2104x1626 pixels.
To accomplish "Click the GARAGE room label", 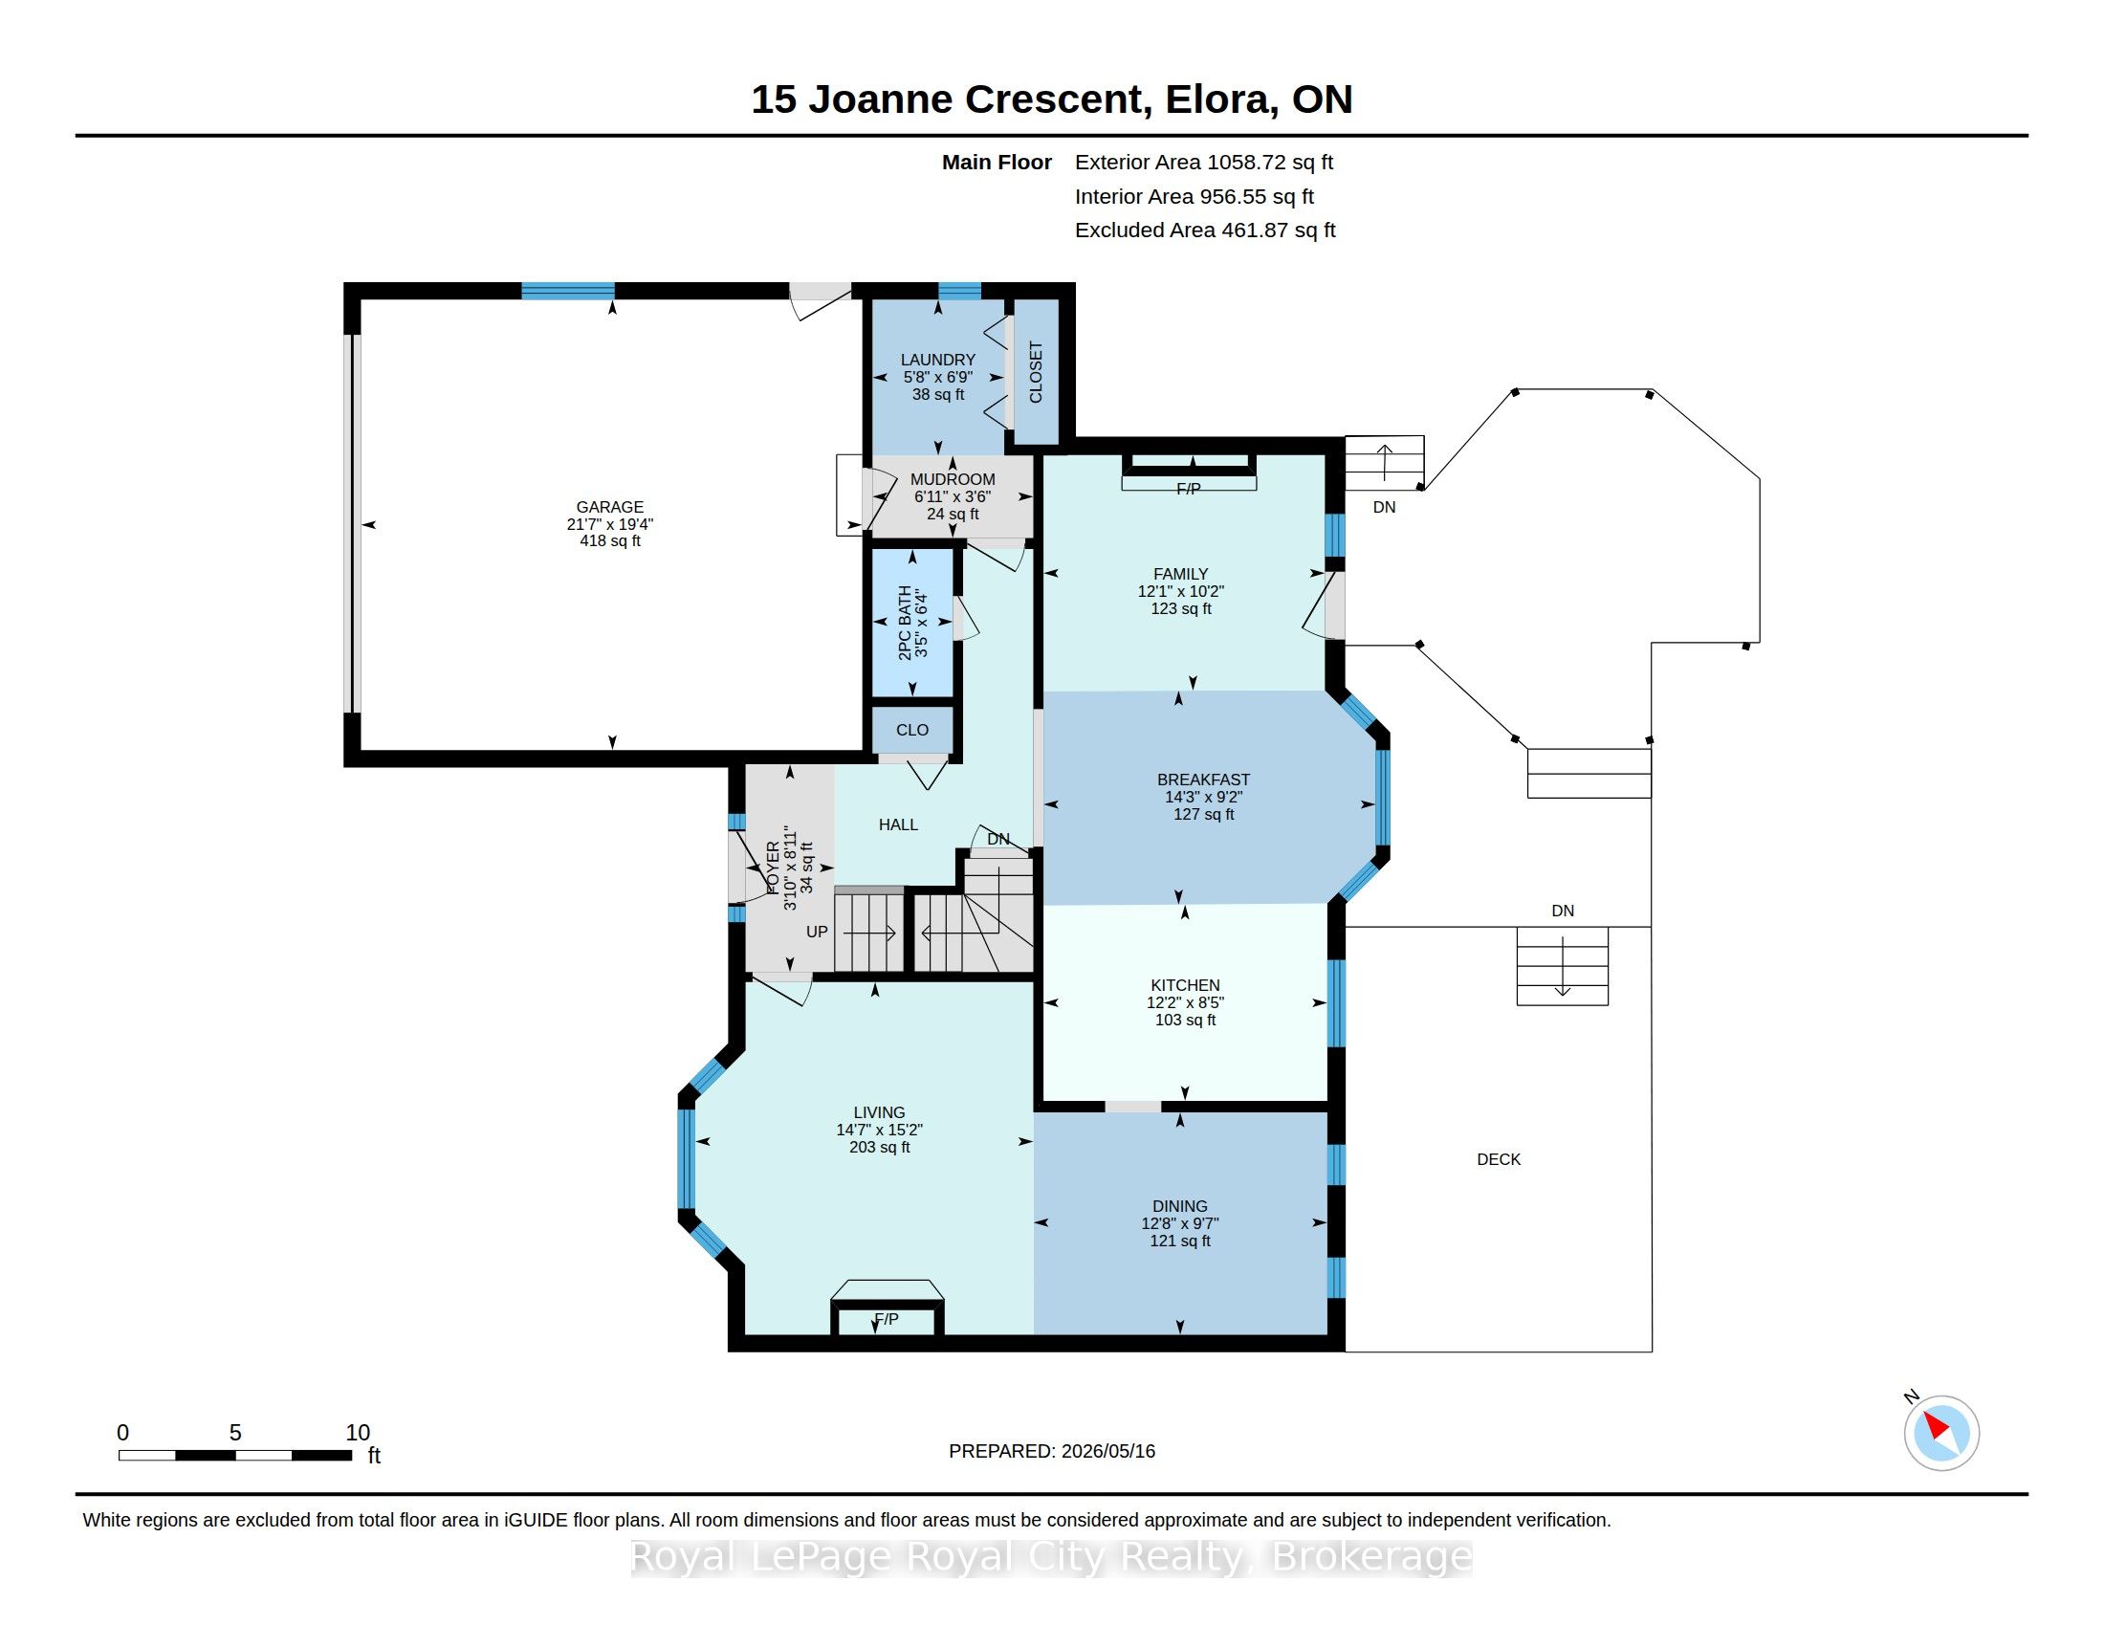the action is (x=609, y=507).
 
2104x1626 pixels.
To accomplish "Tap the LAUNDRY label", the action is (x=937, y=361).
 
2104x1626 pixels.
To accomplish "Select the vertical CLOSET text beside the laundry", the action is (x=1036, y=372).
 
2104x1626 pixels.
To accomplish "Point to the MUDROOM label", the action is (x=952, y=480).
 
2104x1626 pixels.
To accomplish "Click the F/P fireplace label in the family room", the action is (x=1189, y=490).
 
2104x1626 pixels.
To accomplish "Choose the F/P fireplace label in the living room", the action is (x=887, y=1319).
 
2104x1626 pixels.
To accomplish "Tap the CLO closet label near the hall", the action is (x=912, y=730).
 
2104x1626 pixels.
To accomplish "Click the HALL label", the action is (x=898, y=824).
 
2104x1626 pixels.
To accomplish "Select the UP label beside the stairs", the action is (x=817, y=932).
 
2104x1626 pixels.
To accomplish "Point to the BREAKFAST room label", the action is (x=1203, y=780).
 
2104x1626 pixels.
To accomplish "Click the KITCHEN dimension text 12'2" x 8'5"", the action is (x=1185, y=1002).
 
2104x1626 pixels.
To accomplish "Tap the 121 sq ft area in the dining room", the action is (x=1180, y=1241).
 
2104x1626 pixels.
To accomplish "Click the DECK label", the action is (x=1498, y=1160).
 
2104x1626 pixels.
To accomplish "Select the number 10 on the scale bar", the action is (x=358, y=1433).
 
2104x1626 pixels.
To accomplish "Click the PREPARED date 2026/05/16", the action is (x=1107, y=1451).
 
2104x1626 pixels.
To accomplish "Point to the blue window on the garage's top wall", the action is (x=567, y=291).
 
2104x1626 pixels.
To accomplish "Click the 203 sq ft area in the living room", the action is (x=879, y=1147).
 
